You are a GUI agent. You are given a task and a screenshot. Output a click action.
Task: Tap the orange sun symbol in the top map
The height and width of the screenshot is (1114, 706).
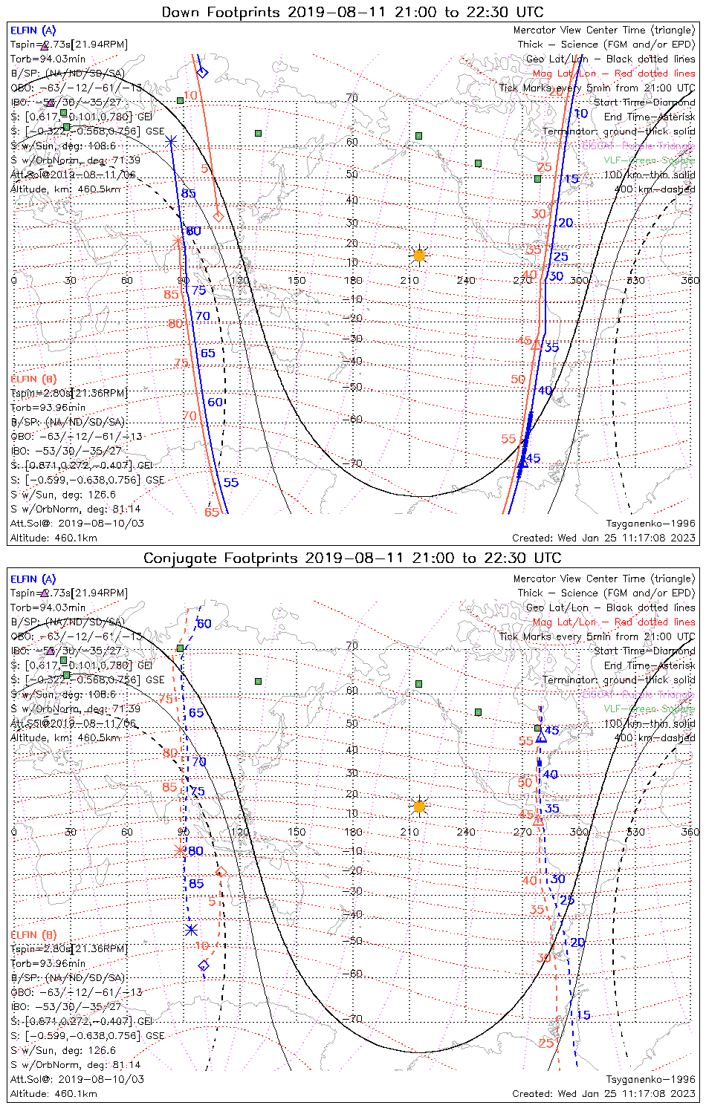(419, 255)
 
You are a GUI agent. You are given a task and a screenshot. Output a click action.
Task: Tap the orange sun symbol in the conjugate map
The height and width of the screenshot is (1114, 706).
(419, 807)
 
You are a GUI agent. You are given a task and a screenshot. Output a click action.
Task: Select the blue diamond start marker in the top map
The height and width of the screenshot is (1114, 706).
(202, 72)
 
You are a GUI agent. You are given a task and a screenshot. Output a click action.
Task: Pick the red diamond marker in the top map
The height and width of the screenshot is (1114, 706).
(218, 216)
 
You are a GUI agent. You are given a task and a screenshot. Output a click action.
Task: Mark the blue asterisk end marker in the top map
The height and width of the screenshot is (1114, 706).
(171, 140)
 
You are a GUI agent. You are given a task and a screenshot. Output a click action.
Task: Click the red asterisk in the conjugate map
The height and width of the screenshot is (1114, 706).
(178, 850)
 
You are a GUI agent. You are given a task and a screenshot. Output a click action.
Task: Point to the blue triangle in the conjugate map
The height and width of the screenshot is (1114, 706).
(541, 737)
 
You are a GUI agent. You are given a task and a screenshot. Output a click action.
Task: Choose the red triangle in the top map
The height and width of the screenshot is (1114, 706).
(536, 344)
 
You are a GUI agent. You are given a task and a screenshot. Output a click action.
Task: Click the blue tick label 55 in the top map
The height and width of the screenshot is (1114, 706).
(231, 483)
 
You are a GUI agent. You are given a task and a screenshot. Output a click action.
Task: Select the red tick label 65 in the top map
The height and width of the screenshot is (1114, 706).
(212, 512)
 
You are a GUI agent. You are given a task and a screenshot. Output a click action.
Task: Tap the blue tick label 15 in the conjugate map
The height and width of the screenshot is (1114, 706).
(583, 1015)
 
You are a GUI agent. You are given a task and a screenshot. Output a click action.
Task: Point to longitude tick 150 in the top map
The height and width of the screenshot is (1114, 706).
(297, 281)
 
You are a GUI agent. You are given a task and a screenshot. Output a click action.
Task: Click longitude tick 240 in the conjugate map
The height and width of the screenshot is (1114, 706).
(466, 832)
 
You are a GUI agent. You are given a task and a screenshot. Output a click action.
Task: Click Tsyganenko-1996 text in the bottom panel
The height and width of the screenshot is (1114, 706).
(650, 1079)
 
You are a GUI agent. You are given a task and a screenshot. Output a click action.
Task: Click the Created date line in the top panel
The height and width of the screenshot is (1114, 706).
(603, 538)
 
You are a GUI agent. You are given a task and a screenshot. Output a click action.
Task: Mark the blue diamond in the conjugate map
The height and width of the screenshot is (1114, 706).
(204, 965)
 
